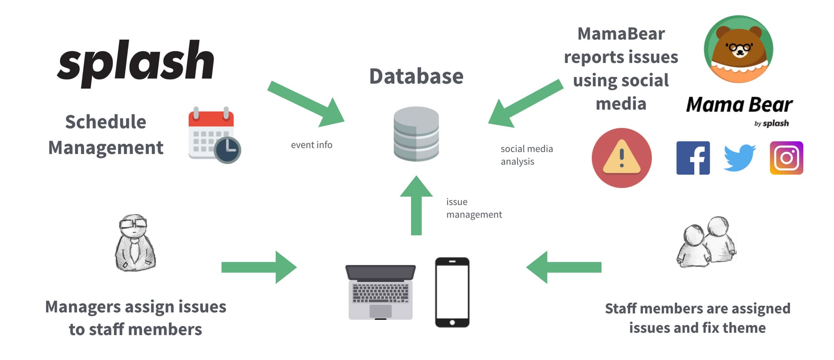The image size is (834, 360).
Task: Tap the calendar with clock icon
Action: coord(214,135)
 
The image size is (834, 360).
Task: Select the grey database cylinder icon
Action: coord(416,134)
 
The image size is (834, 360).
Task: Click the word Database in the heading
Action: coord(416,76)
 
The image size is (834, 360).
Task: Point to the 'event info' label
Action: coord(311,145)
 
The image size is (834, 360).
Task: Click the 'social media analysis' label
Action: coord(526,155)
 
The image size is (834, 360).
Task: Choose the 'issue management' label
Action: coord(474,208)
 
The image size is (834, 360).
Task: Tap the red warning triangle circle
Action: coord(622,158)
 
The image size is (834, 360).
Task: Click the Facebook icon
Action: coord(693,158)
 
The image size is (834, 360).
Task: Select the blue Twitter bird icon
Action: coord(739,158)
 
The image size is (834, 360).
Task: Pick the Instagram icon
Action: coord(786,158)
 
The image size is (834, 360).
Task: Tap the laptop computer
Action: coord(381,292)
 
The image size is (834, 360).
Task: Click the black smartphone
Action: coord(452,292)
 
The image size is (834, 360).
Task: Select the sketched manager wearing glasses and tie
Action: coord(135,243)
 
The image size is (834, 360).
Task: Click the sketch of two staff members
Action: coord(706,242)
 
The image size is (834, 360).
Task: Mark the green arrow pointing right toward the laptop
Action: coord(259,268)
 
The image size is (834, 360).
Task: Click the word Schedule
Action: coord(106,122)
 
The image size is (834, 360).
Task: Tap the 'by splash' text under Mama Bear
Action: coord(771,123)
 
